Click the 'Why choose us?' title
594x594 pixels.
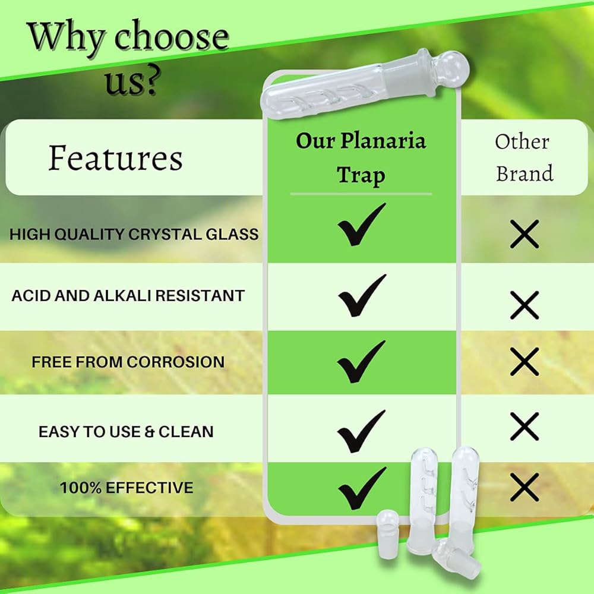click(129, 57)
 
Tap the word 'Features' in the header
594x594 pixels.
click(116, 158)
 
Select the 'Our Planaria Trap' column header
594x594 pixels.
click(361, 157)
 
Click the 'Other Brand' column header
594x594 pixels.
click(524, 157)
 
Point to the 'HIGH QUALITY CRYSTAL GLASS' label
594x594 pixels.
click(134, 234)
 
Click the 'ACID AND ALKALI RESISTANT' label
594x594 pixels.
click(128, 296)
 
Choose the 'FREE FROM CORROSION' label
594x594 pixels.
click(128, 362)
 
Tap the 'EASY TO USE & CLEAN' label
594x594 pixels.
click(126, 431)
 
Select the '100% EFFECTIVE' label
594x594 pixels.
click(127, 487)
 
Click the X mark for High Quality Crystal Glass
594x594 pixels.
click(525, 234)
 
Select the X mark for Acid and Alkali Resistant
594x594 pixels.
click(525, 305)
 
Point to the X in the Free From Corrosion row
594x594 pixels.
click(525, 362)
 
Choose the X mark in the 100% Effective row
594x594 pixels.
click(525, 487)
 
